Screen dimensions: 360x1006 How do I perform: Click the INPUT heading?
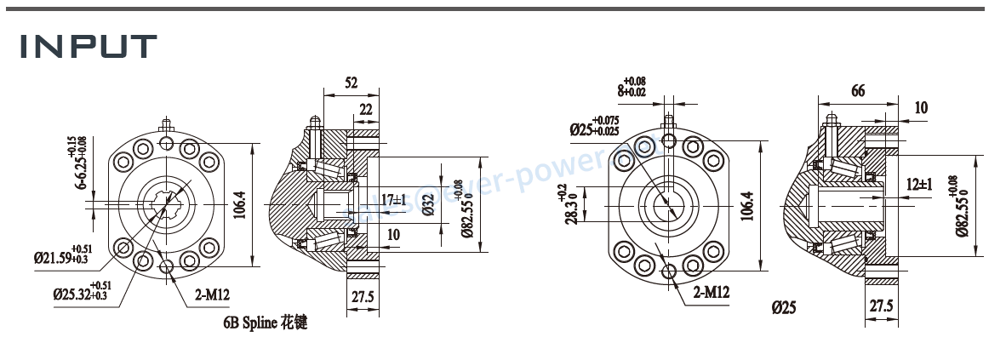(89, 47)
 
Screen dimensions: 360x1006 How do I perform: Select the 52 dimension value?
(351, 83)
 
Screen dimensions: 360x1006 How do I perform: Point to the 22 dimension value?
(366, 109)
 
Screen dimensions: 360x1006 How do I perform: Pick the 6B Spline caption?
(263, 323)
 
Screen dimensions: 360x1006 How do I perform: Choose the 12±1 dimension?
(920, 184)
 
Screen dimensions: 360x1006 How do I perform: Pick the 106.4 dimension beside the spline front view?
(239, 204)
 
